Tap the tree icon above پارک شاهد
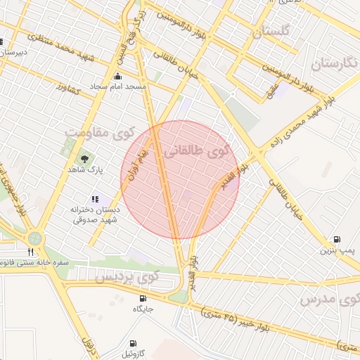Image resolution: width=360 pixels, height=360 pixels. (x=85, y=159)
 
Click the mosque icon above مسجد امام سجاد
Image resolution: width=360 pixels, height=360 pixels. (x=117, y=76)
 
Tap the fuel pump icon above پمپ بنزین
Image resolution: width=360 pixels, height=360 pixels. (x=337, y=240)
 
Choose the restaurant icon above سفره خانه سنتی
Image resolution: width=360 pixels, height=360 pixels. (x=30, y=251)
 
